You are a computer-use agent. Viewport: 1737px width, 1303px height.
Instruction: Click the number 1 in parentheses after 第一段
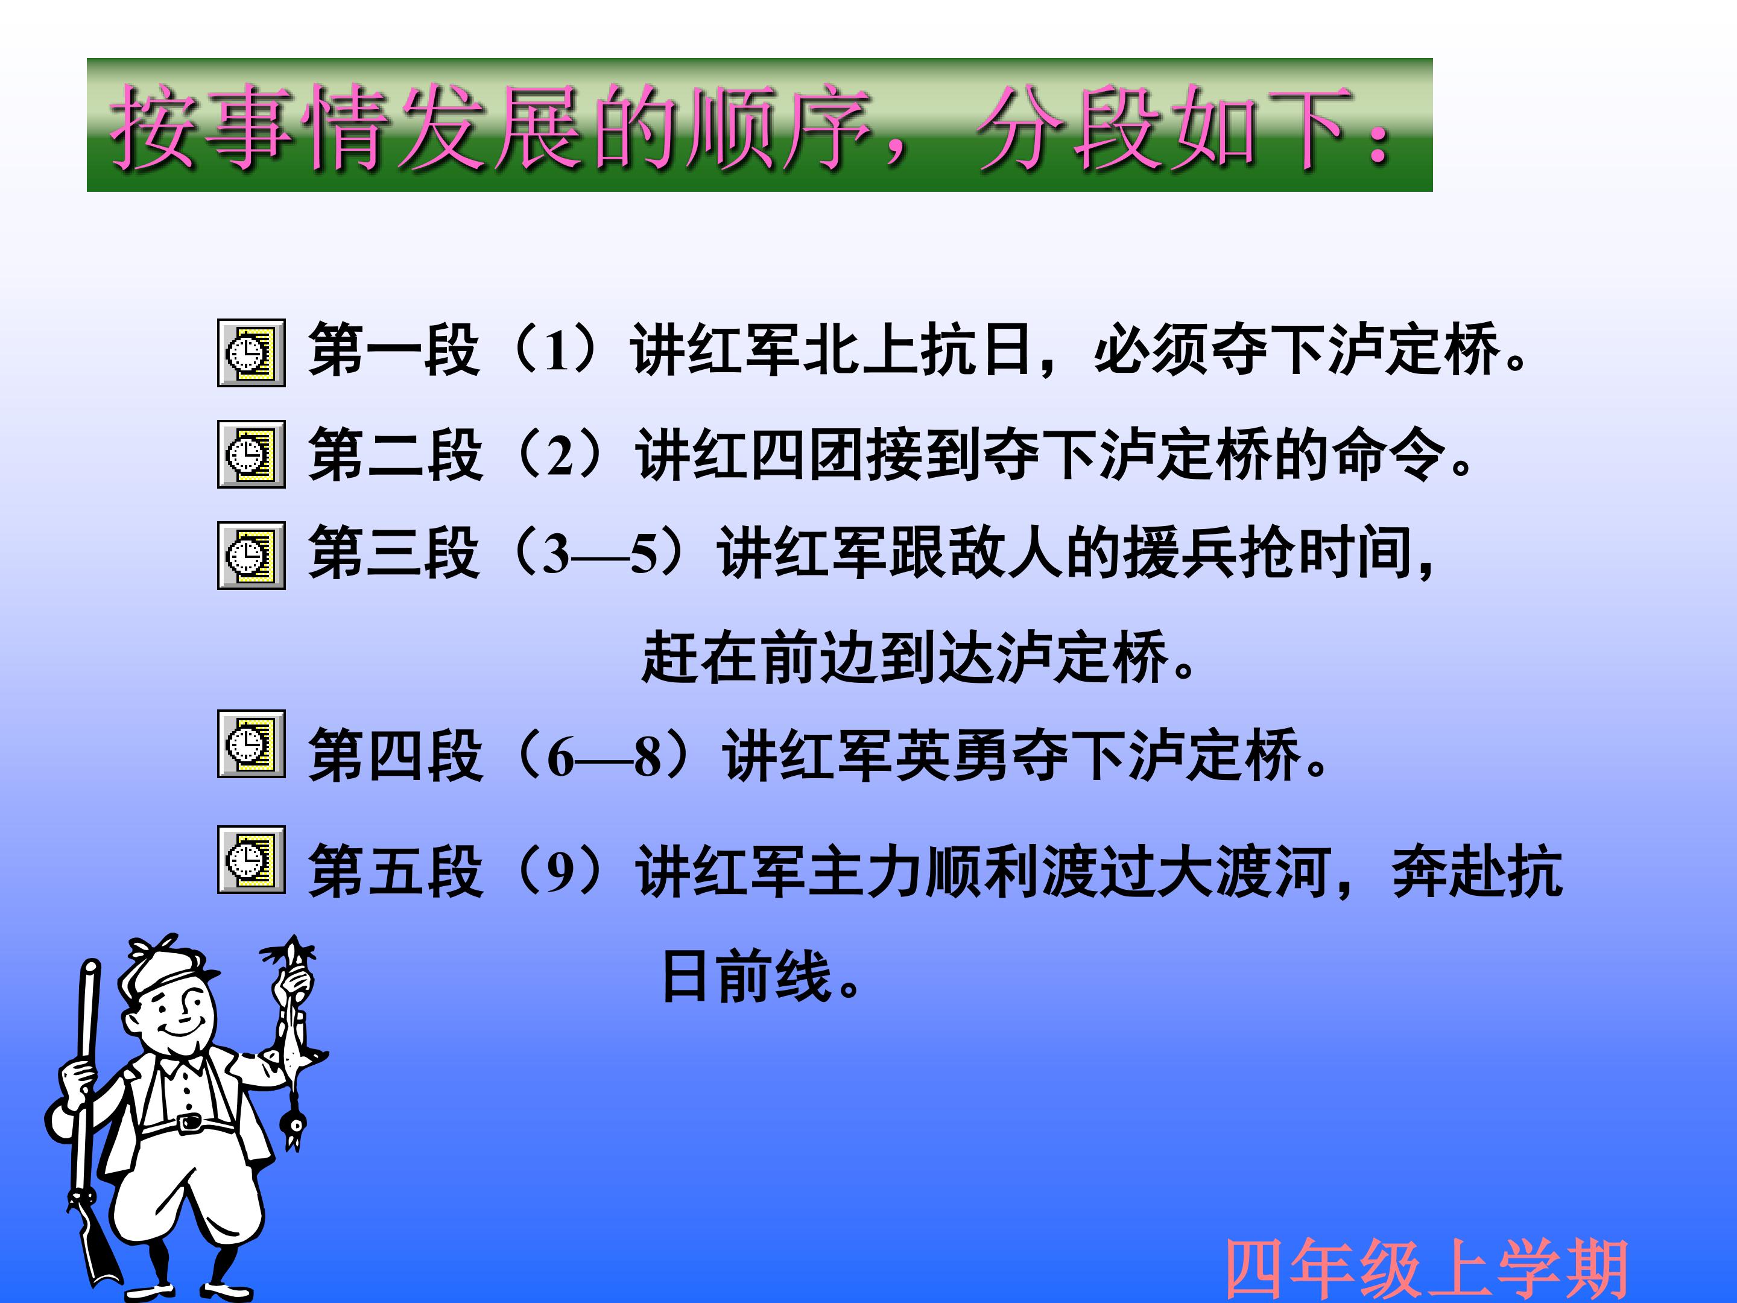pyautogui.click(x=557, y=350)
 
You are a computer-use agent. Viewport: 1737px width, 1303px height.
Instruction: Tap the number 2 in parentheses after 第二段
pyautogui.click(x=560, y=455)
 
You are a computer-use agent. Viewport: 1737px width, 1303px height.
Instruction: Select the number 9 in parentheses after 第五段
pyautogui.click(x=560, y=871)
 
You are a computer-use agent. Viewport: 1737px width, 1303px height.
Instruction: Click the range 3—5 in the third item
pyautogui.click(x=600, y=554)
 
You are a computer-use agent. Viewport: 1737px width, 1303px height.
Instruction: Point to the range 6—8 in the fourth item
pyautogui.click(x=604, y=757)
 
